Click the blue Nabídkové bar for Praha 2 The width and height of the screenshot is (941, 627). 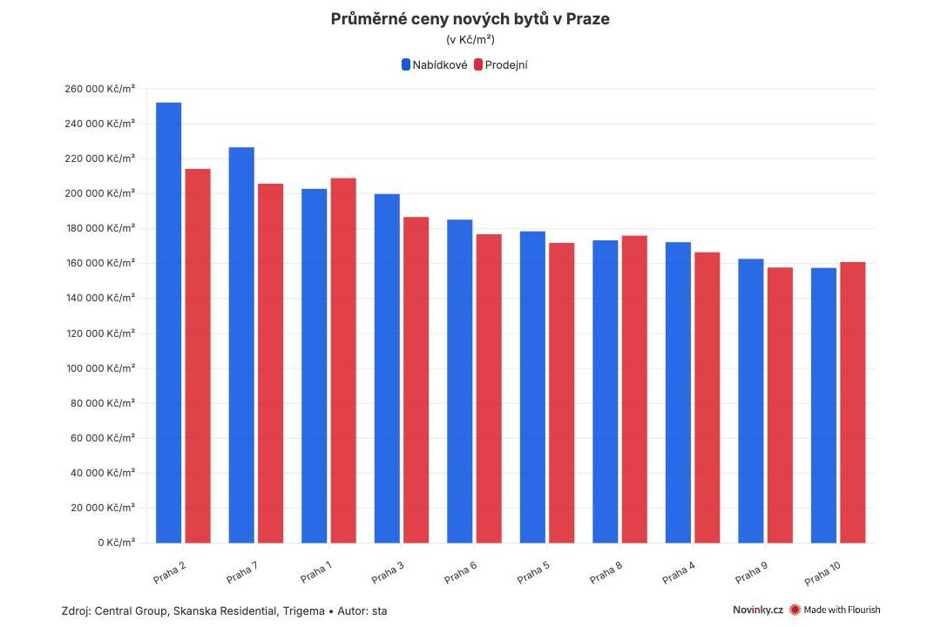click(x=169, y=322)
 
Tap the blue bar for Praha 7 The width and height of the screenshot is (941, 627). click(x=241, y=345)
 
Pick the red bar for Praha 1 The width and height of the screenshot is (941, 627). click(x=343, y=361)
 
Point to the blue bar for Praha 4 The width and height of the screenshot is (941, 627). click(x=678, y=392)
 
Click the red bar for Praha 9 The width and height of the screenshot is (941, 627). click(x=780, y=405)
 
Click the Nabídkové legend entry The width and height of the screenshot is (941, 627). click(x=434, y=64)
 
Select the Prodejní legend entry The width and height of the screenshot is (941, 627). click(x=501, y=64)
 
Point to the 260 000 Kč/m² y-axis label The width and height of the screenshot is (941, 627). click(x=100, y=89)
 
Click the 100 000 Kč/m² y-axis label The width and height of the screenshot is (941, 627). click(x=100, y=368)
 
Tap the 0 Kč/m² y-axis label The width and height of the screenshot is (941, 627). click(x=116, y=543)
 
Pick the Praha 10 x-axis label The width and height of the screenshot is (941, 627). click(x=823, y=573)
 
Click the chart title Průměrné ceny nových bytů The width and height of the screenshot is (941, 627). click(x=470, y=19)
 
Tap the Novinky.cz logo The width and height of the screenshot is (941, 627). click(x=757, y=610)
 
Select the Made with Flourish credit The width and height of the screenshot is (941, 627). click(x=835, y=610)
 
